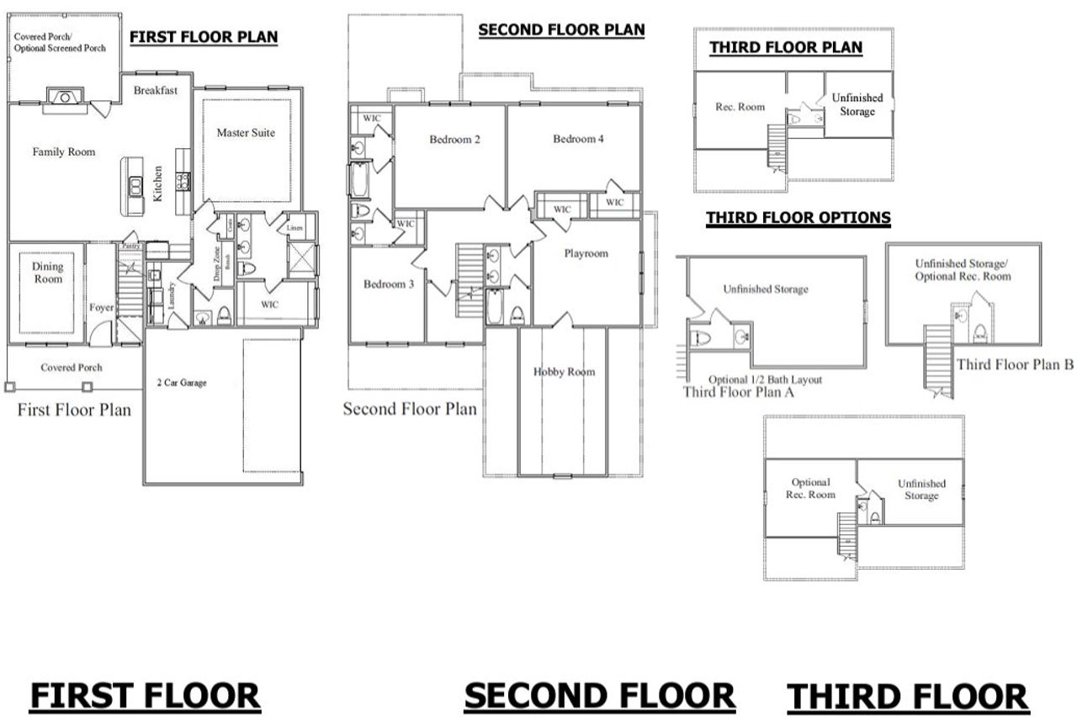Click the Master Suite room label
click(245, 133)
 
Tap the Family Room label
click(64, 152)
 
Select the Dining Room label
click(48, 273)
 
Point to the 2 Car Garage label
click(181, 383)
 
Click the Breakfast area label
click(156, 91)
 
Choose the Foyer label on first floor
click(102, 308)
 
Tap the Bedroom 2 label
click(454, 140)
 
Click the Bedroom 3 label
click(388, 284)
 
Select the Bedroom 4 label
click(578, 139)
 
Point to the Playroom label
click(586, 253)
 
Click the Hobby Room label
click(564, 372)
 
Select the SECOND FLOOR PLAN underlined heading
click(561, 30)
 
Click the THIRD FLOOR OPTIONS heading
click(798, 218)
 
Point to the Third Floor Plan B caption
click(1015, 364)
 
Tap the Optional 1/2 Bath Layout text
click(765, 380)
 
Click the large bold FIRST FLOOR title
click(145, 696)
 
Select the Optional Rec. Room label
click(810, 488)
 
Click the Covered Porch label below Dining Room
click(72, 368)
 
